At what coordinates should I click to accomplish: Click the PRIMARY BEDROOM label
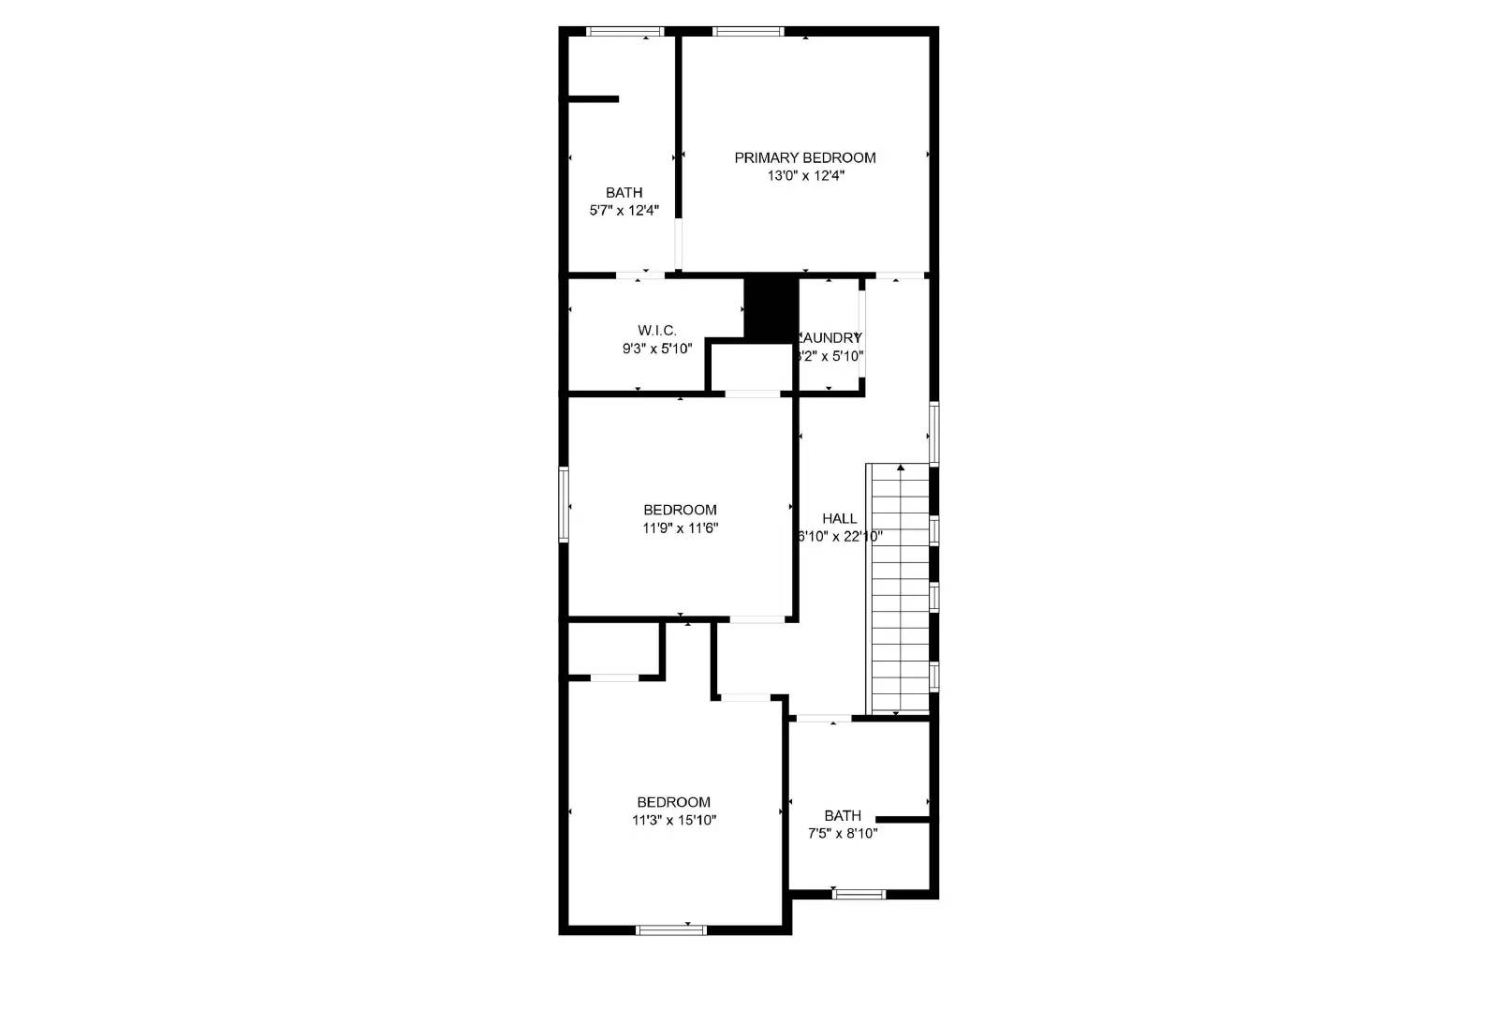click(804, 157)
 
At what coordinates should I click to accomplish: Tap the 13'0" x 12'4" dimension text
click(804, 175)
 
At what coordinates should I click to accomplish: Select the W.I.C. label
click(656, 330)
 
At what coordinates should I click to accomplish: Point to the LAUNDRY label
click(830, 337)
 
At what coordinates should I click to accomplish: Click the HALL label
click(839, 518)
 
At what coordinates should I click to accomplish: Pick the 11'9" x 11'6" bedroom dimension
click(680, 528)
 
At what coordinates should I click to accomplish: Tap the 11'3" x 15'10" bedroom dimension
click(674, 820)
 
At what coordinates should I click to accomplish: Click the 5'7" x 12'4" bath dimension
click(624, 211)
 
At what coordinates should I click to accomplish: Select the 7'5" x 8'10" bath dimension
click(842, 833)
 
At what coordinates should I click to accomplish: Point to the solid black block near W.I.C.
click(771, 307)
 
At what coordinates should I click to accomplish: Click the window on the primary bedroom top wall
click(747, 32)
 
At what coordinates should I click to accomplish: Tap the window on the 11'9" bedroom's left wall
click(564, 504)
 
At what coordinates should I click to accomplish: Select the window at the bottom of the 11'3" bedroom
click(670, 929)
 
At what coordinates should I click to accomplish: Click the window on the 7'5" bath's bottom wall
click(859, 894)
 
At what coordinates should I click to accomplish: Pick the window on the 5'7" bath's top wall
click(624, 32)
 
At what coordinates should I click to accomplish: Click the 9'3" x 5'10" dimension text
click(656, 349)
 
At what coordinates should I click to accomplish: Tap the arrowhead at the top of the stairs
click(901, 467)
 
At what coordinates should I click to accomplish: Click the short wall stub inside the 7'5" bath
click(902, 820)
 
